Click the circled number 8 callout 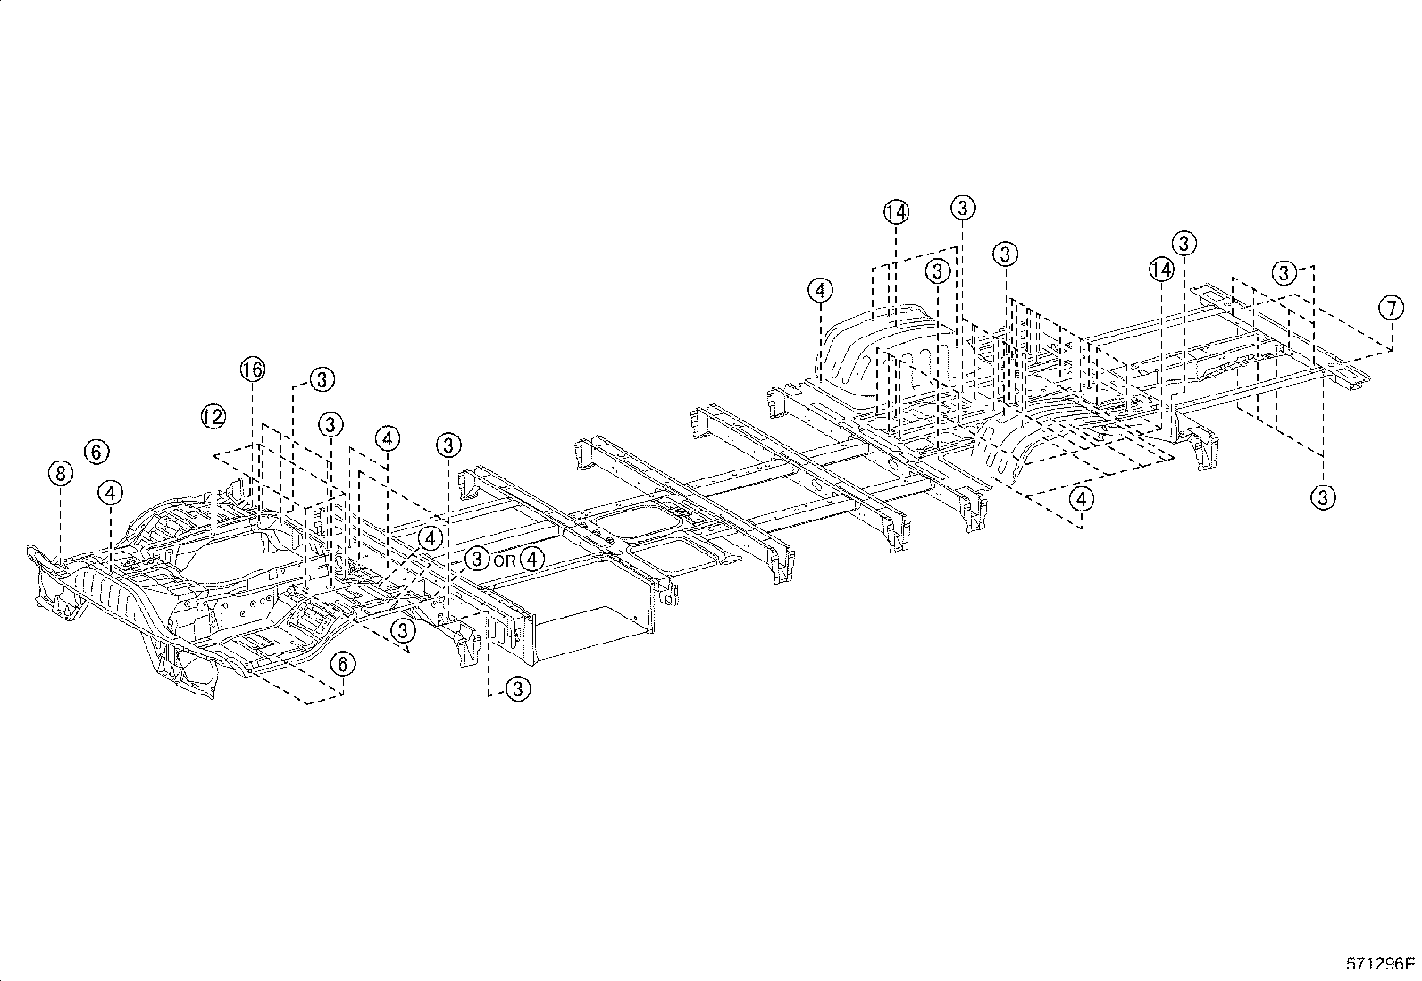[60, 473]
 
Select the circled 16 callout [252, 370]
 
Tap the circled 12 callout [213, 416]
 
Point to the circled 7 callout [1391, 309]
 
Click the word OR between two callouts [505, 561]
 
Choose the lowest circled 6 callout [343, 663]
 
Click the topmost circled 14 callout [896, 212]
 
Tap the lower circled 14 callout [1160, 269]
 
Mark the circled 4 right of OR [532, 560]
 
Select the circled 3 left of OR [478, 560]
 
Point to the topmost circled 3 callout [962, 208]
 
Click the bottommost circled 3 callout [518, 688]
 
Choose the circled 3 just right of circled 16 [322, 379]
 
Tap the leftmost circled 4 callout [111, 492]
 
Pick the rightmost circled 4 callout [1082, 499]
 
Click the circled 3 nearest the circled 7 [1284, 272]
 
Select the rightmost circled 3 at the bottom [1322, 496]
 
